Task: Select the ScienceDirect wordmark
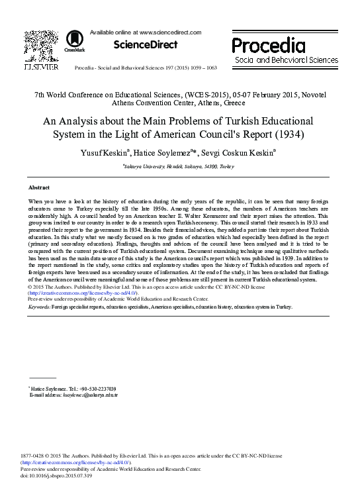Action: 146,45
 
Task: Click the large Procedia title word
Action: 269,46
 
